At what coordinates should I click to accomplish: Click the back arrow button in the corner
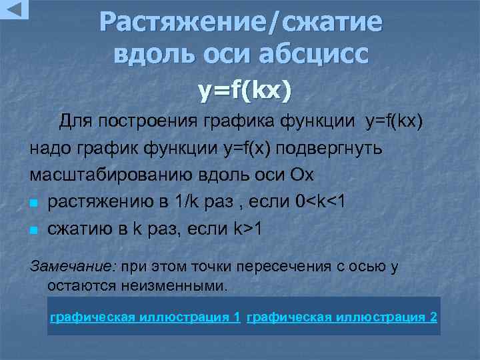pyautogui.click(x=14, y=9)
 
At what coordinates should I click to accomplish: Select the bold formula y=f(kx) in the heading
pyautogui.click(x=245, y=91)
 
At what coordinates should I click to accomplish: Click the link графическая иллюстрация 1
pyautogui.click(x=145, y=317)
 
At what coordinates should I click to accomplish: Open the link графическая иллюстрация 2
pyautogui.click(x=342, y=317)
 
